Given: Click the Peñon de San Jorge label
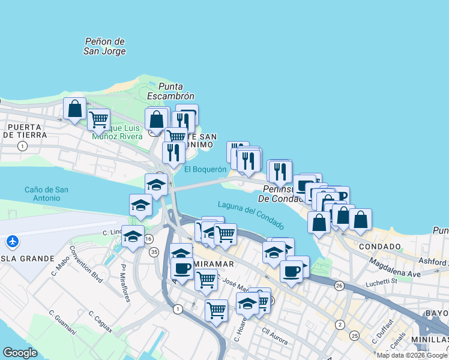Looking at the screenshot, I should tap(105, 46).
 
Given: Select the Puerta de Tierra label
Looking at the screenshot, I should tap(24, 131).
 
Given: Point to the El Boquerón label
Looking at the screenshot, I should tap(205, 170).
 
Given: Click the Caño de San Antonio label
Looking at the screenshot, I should tap(46, 194).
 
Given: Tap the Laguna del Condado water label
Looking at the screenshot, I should tap(250, 214).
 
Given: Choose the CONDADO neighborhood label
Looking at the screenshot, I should tap(379, 247).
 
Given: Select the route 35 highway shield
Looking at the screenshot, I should tap(154, 252).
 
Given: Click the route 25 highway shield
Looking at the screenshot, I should tap(355, 335).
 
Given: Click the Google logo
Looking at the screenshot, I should tap(20, 353).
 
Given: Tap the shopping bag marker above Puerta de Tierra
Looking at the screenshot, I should tap(75, 109).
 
